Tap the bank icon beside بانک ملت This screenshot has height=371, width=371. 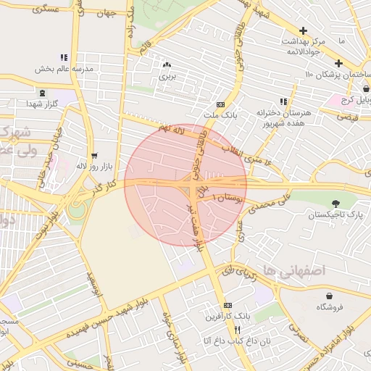[221, 105]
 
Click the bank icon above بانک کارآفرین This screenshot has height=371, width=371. [228, 306]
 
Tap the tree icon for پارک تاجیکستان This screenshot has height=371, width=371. [335, 204]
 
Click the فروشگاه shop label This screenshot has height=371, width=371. [330, 307]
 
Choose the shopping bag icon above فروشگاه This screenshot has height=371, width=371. [330, 296]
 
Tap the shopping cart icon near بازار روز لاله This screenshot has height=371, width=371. [93, 156]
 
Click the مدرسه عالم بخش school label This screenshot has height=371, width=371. [64, 69]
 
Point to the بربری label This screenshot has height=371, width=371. [168, 75]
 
